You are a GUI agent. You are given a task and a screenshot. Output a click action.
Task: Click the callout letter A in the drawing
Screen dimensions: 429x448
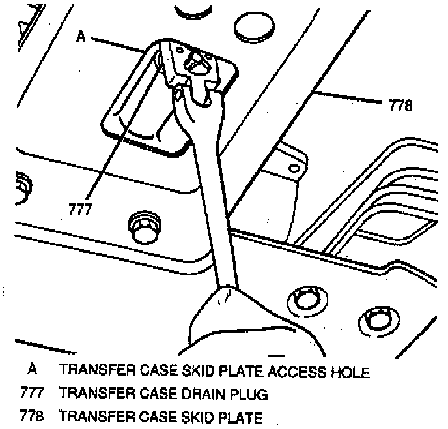coord(81,37)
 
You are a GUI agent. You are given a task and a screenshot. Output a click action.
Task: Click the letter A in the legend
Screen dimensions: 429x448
coord(31,371)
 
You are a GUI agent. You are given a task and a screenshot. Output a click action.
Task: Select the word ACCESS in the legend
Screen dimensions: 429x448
coord(296,372)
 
